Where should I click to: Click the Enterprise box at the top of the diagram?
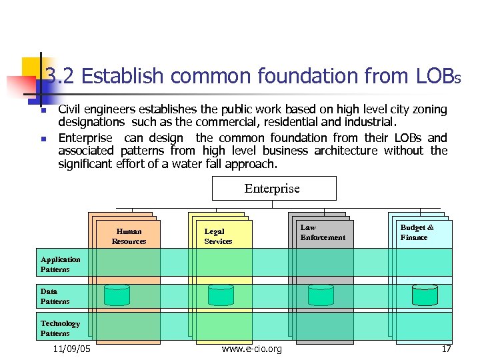273,189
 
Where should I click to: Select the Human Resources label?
129,237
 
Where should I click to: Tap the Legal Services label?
218,237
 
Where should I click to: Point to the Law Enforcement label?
323,233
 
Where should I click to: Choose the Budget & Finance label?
417,233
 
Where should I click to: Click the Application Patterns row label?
60,265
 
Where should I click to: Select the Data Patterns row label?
55,297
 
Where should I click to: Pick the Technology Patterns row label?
60,329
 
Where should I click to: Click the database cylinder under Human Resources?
117,294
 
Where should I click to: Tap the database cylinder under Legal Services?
221,294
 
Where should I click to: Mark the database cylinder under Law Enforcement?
321,294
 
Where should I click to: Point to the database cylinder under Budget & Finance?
424,294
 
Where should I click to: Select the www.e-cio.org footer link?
251,349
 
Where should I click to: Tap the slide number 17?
446,349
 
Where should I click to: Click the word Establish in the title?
126,76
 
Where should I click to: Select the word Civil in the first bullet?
71,109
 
